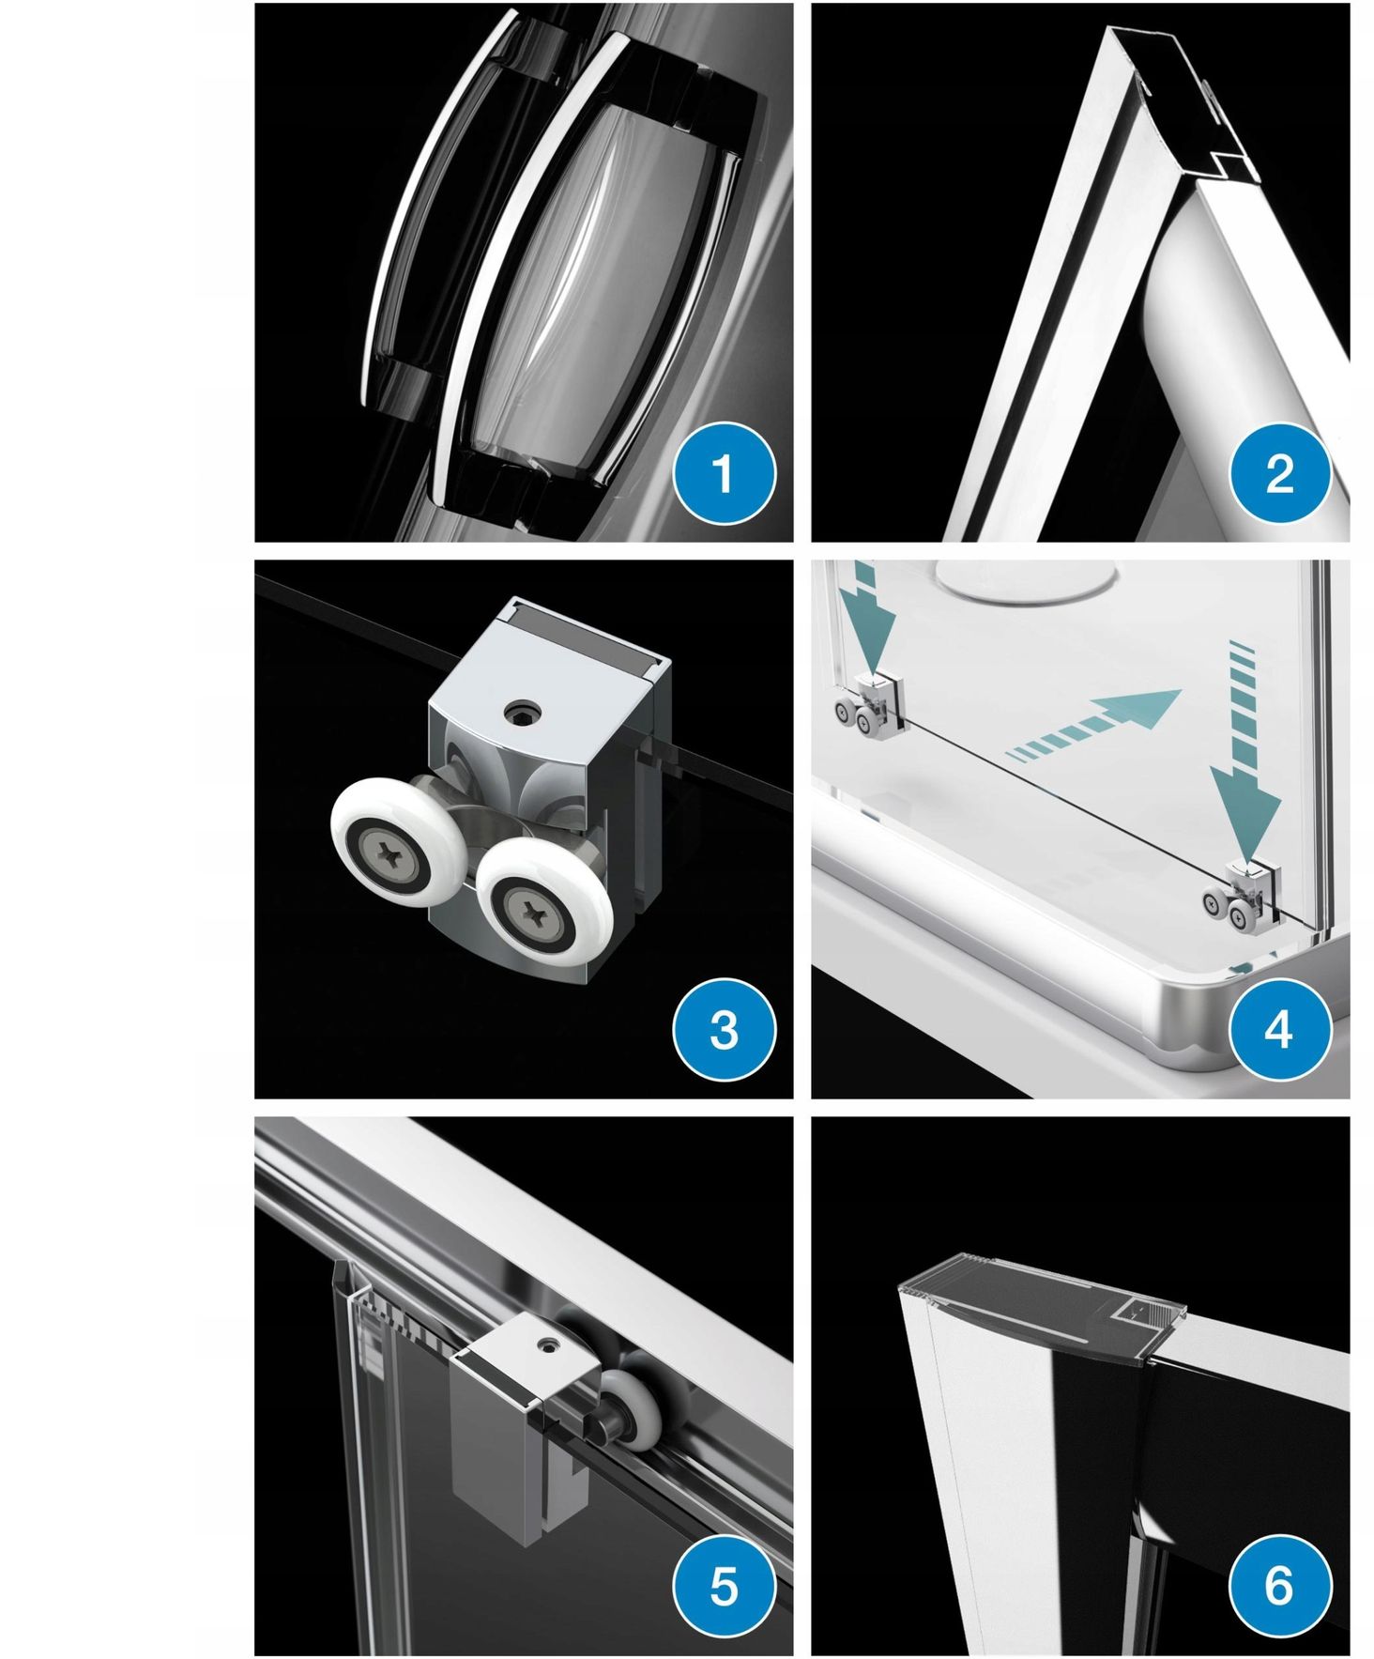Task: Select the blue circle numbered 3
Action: tap(724, 1029)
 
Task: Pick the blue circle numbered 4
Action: tap(1279, 1029)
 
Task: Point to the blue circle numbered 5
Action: tap(724, 1585)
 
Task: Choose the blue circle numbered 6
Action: tap(1279, 1585)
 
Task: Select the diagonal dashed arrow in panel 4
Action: tap(1093, 723)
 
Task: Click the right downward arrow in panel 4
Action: tap(1243, 751)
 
